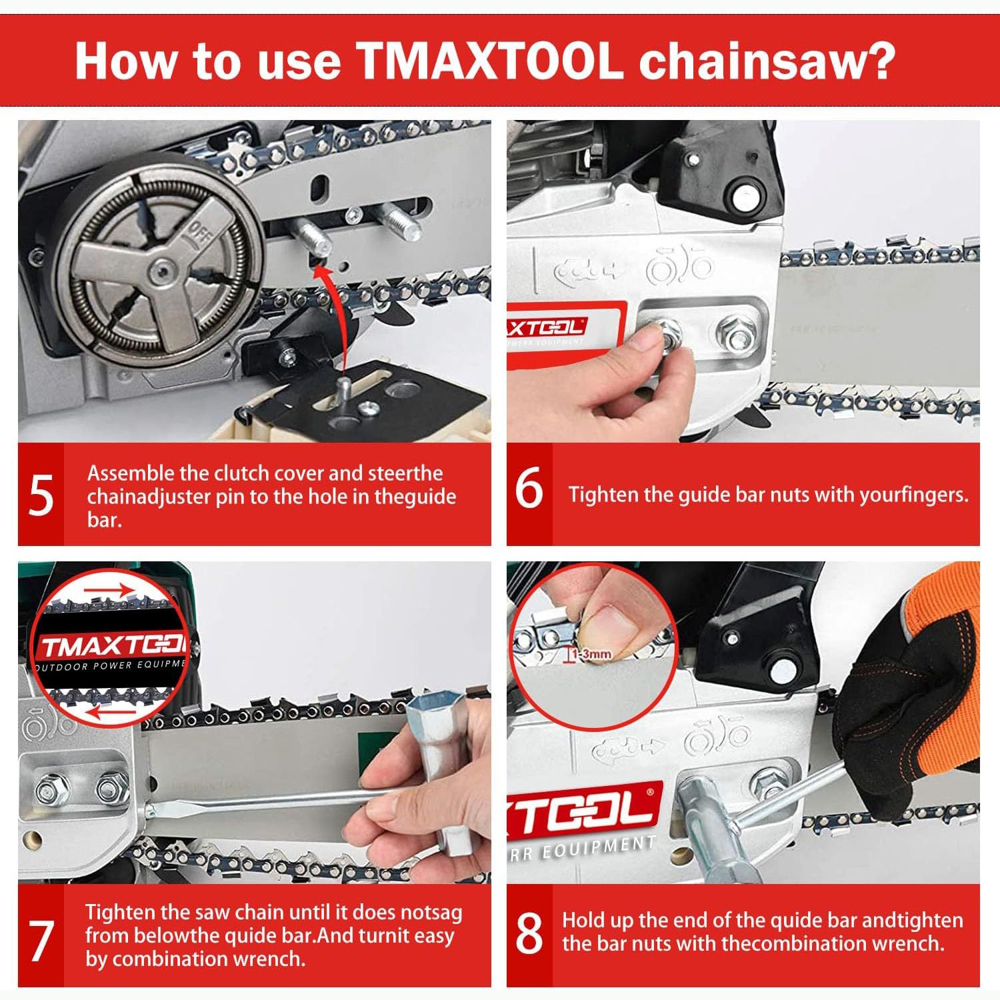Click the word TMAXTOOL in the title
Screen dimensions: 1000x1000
[x=489, y=61]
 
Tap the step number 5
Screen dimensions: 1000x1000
[x=41, y=496]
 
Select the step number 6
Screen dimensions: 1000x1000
[x=529, y=490]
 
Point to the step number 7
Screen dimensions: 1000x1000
[x=41, y=941]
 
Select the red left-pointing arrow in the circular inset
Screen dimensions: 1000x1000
[x=111, y=713]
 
